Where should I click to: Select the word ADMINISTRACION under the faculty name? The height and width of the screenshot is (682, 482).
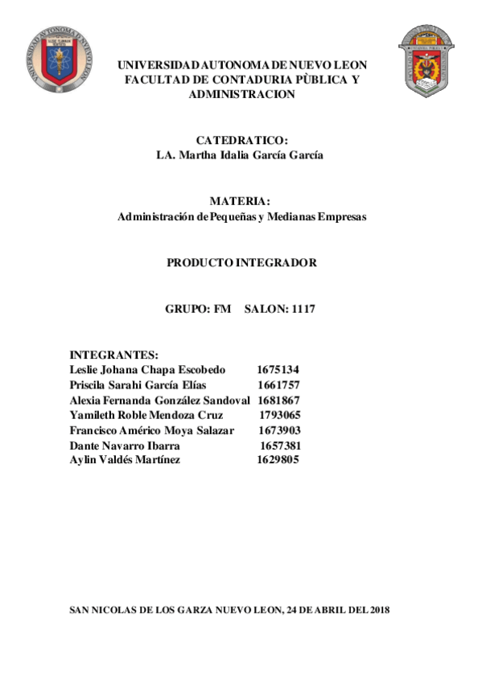(241, 94)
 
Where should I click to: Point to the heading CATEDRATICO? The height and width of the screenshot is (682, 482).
(241, 141)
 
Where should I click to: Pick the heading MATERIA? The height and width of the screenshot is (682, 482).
(240, 201)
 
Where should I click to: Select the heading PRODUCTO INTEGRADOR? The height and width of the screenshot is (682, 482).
(241, 262)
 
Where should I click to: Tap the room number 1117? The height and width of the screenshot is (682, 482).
(303, 309)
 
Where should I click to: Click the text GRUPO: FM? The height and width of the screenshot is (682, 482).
(198, 309)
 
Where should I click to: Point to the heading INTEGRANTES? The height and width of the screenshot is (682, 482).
(113, 355)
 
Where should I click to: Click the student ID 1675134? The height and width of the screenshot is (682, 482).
(278, 370)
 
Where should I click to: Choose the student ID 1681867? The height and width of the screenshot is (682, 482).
(278, 401)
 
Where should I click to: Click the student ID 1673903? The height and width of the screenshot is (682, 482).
(279, 430)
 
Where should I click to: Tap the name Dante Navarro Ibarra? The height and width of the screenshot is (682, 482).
(125, 446)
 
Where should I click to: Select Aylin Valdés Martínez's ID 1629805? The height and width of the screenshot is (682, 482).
(278, 460)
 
